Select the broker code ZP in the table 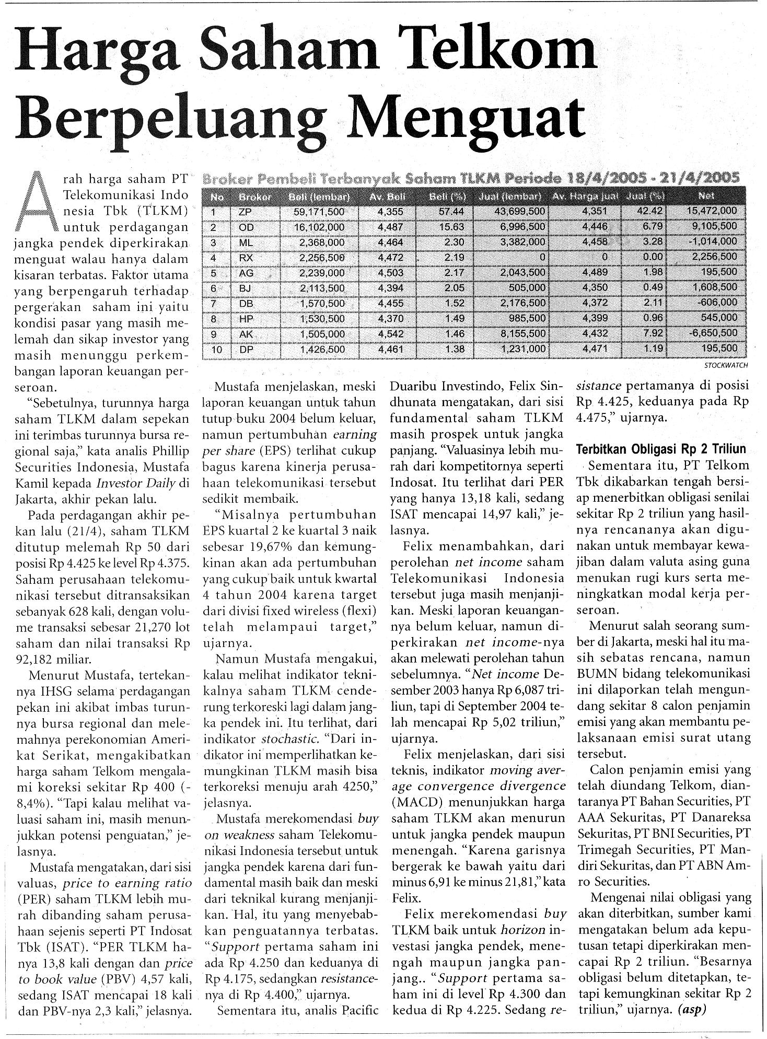click(245, 212)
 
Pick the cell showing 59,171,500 click(318, 212)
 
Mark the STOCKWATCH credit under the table click(726, 365)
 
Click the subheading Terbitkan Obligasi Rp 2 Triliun click(660, 449)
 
